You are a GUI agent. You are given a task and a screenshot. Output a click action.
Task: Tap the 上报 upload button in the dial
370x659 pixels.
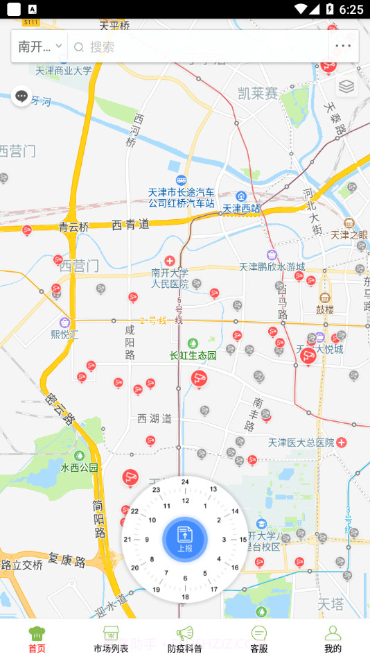click(x=185, y=539)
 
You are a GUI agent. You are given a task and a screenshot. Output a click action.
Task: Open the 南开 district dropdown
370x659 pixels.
click(x=39, y=47)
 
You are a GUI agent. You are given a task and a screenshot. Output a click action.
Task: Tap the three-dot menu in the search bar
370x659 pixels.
click(x=343, y=47)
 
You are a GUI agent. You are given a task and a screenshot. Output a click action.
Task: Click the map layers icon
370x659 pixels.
click(x=346, y=87)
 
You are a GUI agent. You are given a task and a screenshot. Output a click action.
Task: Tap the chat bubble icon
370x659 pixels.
click(x=21, y=96)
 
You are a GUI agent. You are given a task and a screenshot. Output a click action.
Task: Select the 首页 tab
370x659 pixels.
click(x=37, y=639)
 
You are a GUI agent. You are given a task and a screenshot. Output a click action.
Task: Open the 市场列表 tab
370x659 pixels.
click(x=111, y=639)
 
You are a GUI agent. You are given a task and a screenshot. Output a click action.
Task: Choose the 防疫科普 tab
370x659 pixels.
click(x=185, y=639)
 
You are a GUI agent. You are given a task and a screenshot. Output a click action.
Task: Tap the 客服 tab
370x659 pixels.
click(x=259, y=639)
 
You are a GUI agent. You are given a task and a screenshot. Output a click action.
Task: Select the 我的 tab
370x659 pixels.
click(x=333, y=639)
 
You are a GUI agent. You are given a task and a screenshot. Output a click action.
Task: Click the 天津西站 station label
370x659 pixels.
click(x=242, y=207)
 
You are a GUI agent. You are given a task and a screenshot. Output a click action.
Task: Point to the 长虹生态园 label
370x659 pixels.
click(x=193, y=355)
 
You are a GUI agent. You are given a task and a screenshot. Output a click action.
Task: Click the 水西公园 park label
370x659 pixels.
click(x=80, y=467)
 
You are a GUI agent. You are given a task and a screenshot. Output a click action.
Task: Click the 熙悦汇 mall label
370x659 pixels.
click(x=64, y=334)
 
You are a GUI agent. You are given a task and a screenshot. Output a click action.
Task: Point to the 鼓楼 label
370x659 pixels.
click(x=325, y=309)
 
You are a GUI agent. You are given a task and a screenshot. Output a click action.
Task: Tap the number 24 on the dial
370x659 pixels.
click(x=185, y=481)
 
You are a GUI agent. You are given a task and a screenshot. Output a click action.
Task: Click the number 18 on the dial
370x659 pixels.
click(x=185, y=597)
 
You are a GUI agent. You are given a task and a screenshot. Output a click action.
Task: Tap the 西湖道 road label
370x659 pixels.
click(x=155, y=418)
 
